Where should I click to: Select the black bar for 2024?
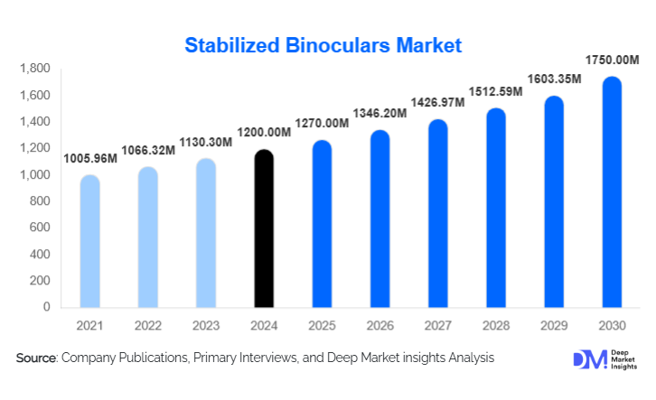click(264, 230)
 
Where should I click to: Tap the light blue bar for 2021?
click(89, 242)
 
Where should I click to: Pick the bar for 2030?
click(612, 193)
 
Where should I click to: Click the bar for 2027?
click(437, 215)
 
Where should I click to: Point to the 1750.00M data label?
click(612, 60)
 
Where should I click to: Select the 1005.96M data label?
click(90, 158)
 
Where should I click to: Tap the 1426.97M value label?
click(437, 102)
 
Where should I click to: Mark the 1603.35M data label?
click(554, 79)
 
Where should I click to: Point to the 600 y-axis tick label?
click(40, 228)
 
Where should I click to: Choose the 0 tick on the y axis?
click(47, 307)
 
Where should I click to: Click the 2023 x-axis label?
click(205, 324)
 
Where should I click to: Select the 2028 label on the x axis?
click(495, 324)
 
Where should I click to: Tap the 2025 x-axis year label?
click(322, 324)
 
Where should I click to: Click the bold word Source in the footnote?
click(36, 358)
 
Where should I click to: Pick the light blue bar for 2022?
click(147, 238)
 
